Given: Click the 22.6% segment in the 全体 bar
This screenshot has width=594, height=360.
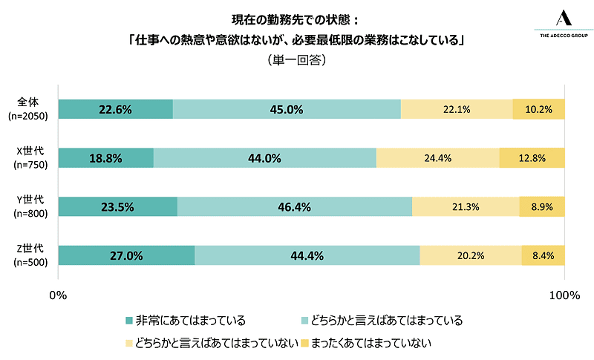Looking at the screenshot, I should tap(115, 109).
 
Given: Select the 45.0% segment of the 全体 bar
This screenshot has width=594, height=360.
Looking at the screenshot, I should tap(287, 109).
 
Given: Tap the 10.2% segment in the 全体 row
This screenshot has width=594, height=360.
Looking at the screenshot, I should tap(538, 109).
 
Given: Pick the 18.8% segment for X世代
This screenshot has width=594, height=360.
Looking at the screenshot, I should tap(105, 158).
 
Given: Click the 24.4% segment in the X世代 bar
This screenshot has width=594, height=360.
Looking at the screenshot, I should tap(437, 158).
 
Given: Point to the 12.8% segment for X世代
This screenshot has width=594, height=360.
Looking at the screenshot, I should tap(532, 158).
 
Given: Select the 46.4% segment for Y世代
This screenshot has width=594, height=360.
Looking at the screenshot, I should tap(294, 207).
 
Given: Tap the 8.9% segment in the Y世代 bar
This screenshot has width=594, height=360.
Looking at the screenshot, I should tap(541, 207).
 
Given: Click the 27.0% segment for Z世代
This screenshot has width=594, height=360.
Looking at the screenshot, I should tap(126, 256).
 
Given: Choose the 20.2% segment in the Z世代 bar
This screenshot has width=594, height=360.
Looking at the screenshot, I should tap(470, 256).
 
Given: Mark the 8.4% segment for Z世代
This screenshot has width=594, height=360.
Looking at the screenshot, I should tap(543, 256).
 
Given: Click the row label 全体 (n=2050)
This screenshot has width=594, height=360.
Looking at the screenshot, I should tap(27, 109).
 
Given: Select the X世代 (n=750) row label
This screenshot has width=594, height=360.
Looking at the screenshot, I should tap(27, 158).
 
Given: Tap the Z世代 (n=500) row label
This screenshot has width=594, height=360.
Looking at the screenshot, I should tap(27, 256).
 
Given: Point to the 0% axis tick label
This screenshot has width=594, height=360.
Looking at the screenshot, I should tap(58, 295).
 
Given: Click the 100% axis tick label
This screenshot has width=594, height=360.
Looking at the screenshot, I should tap(564, 295).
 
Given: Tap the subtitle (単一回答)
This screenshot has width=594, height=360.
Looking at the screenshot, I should tap(296, 61).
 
